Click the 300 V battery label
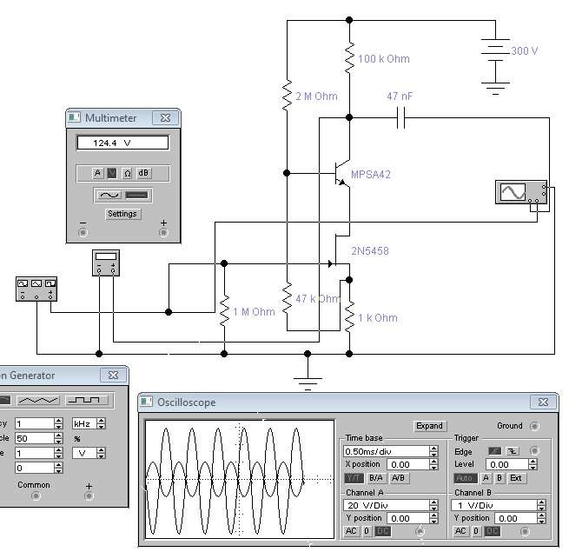[x=525, y=51]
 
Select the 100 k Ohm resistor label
[x=384, y=59]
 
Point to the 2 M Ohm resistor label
[x=316, y=96]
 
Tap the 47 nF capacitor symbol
[x=400, y=117]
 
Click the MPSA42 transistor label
[x=371, y=175]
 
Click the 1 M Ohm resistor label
[x=254, y=312]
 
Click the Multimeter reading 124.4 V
[x=122, y=143]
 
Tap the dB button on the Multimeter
[x=144, y=172]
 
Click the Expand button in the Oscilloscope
[x=429, y=426]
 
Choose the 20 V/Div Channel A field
[x=387, y=505]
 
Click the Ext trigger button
[x=516, y=478]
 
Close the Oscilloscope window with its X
[x=543, y=402]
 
